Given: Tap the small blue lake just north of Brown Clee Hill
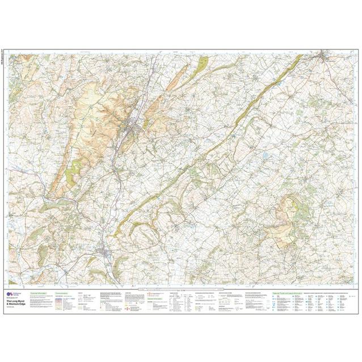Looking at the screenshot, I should [x=266, y=154].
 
